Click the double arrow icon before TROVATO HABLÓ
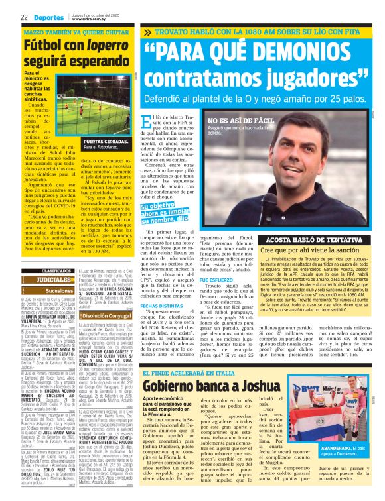point(147,32)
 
